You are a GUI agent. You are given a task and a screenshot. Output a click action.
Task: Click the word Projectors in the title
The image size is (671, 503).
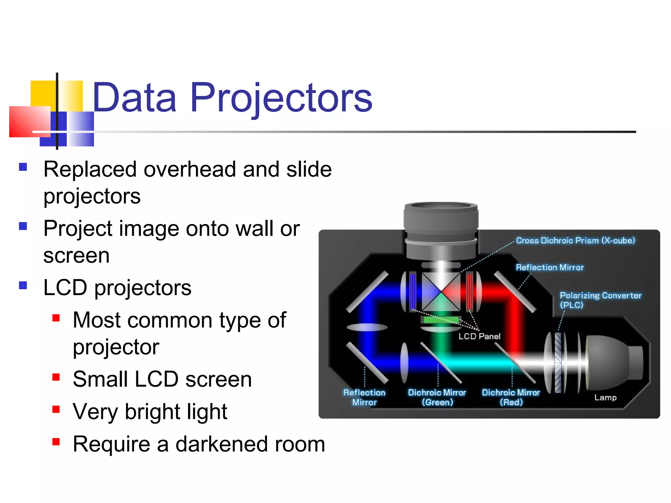click(281, 98)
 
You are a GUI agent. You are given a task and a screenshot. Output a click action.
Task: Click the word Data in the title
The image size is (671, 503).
click(134, 98)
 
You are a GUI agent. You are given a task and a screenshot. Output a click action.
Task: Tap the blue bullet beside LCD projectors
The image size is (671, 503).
click(23, 285)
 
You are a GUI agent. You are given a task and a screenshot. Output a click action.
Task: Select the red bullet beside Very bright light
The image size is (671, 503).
click(56, 409)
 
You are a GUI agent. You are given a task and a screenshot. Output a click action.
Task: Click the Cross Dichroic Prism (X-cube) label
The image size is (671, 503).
click(575, 240)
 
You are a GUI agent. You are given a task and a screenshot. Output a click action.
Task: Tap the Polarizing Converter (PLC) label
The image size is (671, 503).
click(600, 300)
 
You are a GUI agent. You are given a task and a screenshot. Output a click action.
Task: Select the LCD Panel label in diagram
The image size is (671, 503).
click(479, 336)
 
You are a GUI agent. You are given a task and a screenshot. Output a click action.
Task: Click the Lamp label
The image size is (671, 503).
click(605, 398)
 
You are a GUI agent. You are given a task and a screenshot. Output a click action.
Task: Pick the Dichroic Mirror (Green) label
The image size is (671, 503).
click(437, 397)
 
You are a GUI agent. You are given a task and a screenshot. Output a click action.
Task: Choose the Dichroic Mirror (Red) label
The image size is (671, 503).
click(511, 397)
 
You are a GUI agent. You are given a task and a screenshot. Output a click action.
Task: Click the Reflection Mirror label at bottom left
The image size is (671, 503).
click(364, 397)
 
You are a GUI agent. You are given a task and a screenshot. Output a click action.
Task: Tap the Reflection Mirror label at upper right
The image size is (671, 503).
click(549, 268)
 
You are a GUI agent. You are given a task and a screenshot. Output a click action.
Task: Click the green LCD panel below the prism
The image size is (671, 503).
click(441, 320)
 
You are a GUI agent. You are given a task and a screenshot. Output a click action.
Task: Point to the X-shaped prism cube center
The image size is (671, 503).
click(441, 292)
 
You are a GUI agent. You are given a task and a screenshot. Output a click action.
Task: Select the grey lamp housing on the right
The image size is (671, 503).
click(613, 362)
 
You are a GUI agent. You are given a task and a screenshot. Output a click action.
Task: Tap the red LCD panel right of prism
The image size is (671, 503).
click(470, 291)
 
